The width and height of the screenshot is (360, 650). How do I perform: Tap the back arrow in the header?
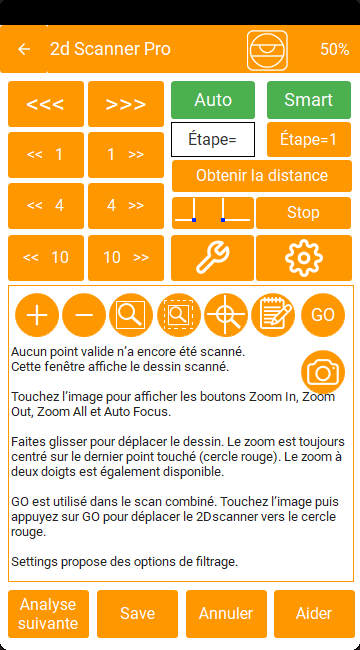(24, 49)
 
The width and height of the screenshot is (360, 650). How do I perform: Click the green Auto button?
(213, 100)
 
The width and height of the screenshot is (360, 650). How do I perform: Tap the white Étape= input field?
(213, 139)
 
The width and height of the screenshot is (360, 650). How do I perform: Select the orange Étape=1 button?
(309, 139)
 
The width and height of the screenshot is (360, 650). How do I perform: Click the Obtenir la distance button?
(262, 176)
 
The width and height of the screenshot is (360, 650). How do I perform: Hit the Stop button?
(304, 213)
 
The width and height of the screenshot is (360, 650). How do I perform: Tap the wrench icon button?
(212, 258)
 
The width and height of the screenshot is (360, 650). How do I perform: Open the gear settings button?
(304, 258)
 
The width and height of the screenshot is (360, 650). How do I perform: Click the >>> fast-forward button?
(126, 104)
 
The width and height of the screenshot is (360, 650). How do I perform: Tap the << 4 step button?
(46, 206)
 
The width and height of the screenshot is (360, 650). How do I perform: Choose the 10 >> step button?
(126, 258)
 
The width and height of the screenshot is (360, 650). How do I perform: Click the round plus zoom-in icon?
(37, 315)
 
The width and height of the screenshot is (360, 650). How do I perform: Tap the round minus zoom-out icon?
(84, 315)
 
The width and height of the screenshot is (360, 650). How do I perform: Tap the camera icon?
(323, 373)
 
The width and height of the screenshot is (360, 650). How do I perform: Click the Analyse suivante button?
(49, 614)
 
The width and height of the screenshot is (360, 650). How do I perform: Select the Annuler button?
(226, 614)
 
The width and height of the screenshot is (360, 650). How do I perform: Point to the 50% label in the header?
(334, 49)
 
